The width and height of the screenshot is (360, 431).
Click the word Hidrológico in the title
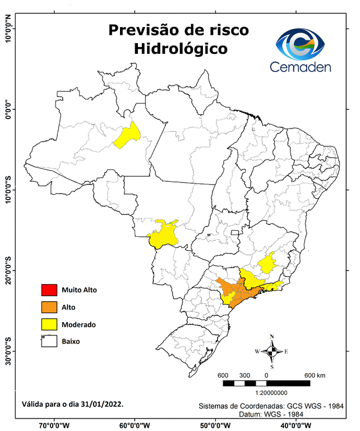(x=181, y=49)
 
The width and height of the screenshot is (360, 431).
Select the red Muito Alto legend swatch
(x=48, y=290)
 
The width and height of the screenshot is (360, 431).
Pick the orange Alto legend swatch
(x=48, y=307)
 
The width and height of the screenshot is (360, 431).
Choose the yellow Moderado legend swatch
(x=48, y=324)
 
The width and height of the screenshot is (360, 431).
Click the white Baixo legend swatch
(x=48, y=341)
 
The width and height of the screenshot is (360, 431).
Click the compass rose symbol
(x=272, y=351)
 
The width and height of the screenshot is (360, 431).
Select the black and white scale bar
(x=266, y=383)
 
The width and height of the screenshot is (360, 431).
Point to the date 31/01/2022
(x=104, y=404)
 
